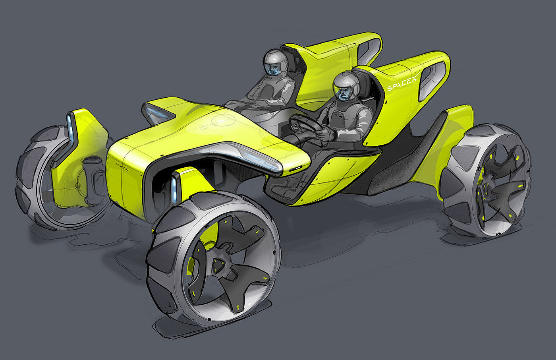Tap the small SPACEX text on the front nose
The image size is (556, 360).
(122, 166)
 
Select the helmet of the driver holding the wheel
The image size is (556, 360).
(346, 86)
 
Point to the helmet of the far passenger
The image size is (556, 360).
(275, 62)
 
